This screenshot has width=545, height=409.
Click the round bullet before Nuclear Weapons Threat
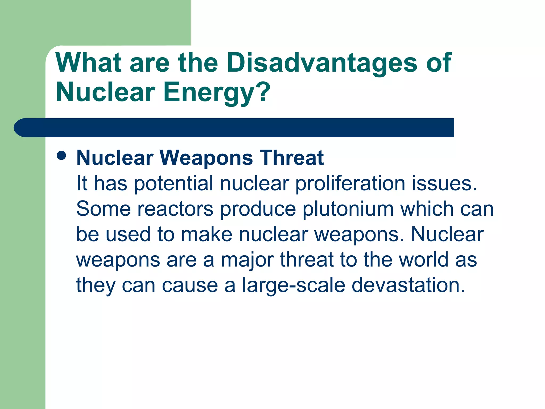point(61,156)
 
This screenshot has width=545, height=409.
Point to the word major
point(247,260)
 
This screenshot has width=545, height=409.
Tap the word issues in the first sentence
point(444,184)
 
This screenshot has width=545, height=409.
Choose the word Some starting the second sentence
point(103,209)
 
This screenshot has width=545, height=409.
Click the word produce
point(258,209)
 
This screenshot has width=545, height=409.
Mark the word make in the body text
point(207,234)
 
